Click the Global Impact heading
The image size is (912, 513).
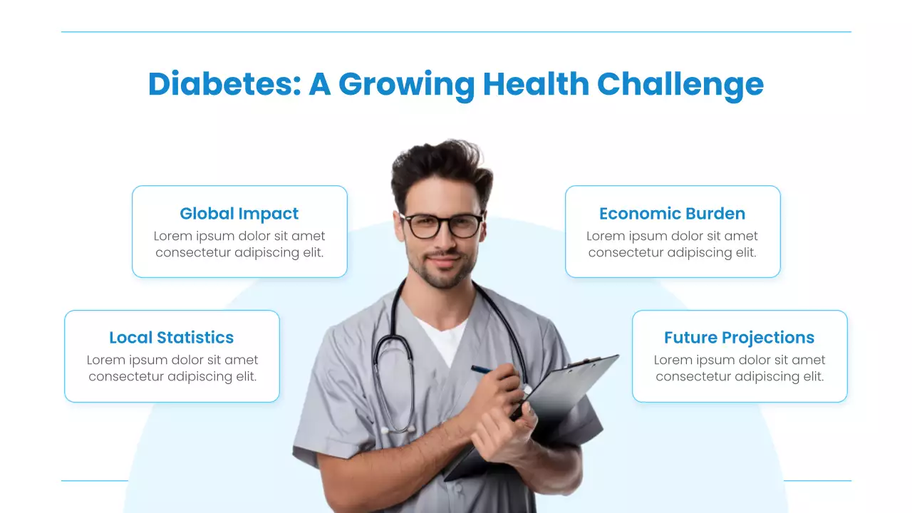pos(239,214)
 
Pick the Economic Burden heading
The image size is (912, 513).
pos(672,214)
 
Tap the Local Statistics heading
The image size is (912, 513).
pos(172,338)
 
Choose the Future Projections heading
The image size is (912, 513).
pos(739,338)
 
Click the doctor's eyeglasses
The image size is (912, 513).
pos(441,225)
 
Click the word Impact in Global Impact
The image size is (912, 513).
pos(269,214)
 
